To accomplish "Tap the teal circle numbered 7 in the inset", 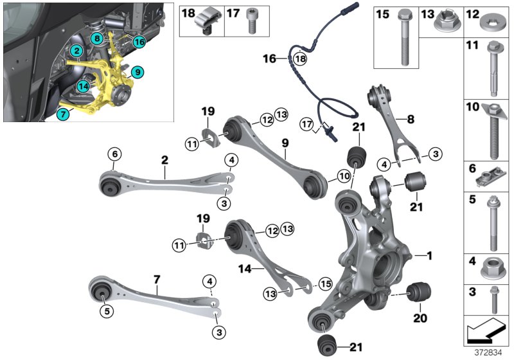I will tap(62, 114).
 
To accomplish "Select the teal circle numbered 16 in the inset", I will tap(139, 42).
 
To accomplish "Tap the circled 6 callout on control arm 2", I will tap(114, 154).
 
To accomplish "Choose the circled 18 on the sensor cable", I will tap(299, 59).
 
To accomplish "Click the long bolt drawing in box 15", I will tap(404, 39).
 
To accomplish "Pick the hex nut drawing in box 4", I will tap(490, 264).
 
